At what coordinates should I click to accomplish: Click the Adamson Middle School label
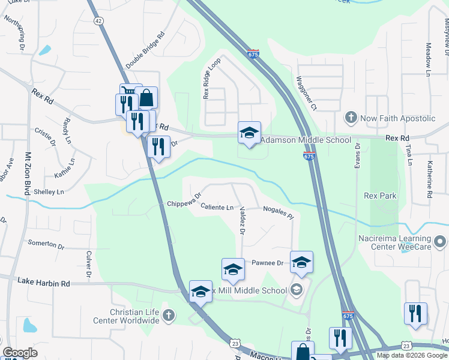(x=306, y=140)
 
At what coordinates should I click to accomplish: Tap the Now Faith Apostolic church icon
(x=351, y=118)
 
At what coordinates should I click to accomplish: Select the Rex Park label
(x=380, y=196)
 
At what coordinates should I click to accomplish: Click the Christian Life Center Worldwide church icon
(x=169, y=314)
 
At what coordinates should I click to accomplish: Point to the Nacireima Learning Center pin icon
(x=441, y=242)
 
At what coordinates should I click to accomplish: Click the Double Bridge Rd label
(x=145, y=50)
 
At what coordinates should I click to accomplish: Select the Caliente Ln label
(x=217, y=208)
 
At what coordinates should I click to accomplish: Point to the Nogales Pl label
(x=278, y=212)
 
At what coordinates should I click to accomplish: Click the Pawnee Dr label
(x=267, y=263)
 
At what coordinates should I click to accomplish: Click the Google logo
(x=20, y=353)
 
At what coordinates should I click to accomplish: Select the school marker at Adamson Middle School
(x=249, y=133)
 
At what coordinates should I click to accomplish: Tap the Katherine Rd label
(x=430, y=179)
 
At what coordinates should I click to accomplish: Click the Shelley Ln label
(x=49, y=192)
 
